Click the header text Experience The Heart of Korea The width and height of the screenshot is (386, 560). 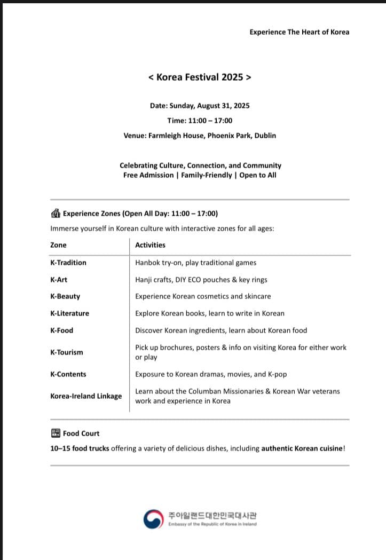coord(299,32)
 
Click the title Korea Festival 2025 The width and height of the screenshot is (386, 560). coord(200,77)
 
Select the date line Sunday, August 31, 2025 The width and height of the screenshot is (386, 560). coord(200,106)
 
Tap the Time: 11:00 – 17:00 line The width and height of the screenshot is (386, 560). coord(200,121)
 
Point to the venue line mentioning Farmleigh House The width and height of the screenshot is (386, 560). coord(200,136)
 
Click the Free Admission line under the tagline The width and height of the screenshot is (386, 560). coord(200,175)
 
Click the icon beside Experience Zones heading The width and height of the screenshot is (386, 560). coord(56,214)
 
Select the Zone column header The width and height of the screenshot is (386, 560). coord(58,245)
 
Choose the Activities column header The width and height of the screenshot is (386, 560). coord(150,245)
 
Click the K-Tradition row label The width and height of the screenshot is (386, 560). coord(68,263)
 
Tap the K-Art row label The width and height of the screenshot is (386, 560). coord(59,280)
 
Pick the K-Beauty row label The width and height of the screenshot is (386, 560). coord(65,296)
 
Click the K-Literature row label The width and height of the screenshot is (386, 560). coord(69,313)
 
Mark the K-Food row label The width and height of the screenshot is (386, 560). coord(61,330)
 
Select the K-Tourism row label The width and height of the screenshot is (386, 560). coord(67,352)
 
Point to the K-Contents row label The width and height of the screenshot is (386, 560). coord(68,374)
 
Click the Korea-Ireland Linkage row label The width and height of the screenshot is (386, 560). coord(86,396)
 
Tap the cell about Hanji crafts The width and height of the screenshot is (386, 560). coord(201,280)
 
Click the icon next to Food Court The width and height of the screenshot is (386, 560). coord(56,433)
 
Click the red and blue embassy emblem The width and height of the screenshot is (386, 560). coord(153,519)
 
